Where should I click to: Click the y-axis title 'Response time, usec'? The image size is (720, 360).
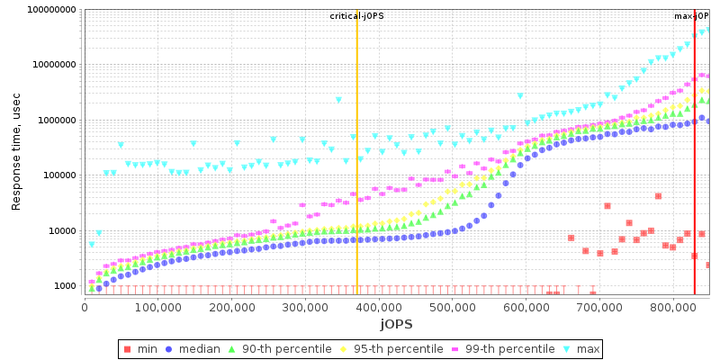[x=16, y=151]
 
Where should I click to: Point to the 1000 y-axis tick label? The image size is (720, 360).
[x=64, y=286]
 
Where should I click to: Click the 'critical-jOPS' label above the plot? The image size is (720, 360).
[x=357, y=16]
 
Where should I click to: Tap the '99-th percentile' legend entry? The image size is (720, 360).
[x=508, y=348]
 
